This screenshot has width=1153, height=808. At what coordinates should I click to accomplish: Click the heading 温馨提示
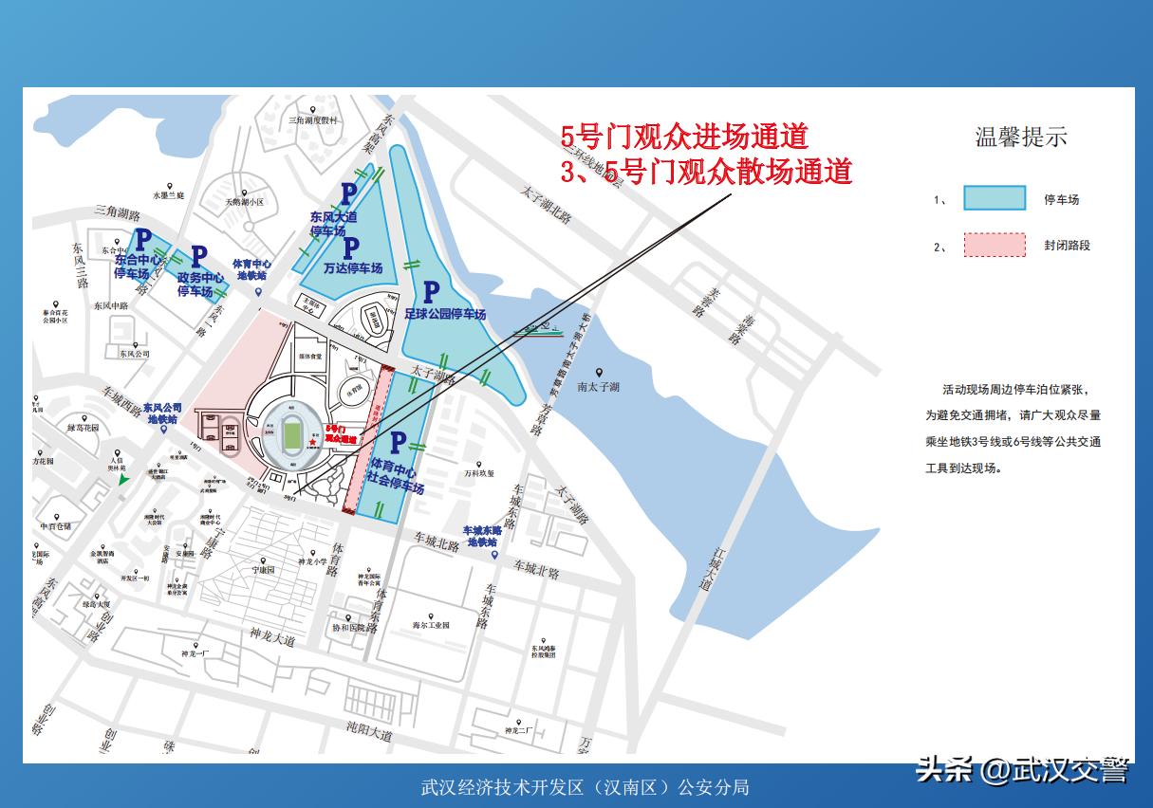coord(1021,137)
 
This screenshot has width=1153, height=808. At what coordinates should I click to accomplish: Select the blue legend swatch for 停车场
coord(995,197)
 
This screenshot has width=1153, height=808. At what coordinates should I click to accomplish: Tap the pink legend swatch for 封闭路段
coord(995,245)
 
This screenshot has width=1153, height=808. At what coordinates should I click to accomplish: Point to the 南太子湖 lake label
coord(599,387)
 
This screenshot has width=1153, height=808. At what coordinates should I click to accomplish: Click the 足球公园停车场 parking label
coord(445,314)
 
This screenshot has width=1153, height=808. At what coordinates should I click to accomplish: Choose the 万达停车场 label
coord(352,268)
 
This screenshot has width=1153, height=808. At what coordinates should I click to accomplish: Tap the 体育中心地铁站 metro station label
coord(253,270)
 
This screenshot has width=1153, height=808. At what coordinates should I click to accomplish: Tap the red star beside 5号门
coord(312,443)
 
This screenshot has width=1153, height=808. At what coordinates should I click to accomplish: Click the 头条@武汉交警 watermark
coord(1022,770)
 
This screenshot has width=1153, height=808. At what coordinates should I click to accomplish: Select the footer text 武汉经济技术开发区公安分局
coord(586,787)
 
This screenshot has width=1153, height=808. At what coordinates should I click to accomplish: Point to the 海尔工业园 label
coord(431,625)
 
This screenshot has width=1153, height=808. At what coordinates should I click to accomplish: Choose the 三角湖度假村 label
coord(313,121)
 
